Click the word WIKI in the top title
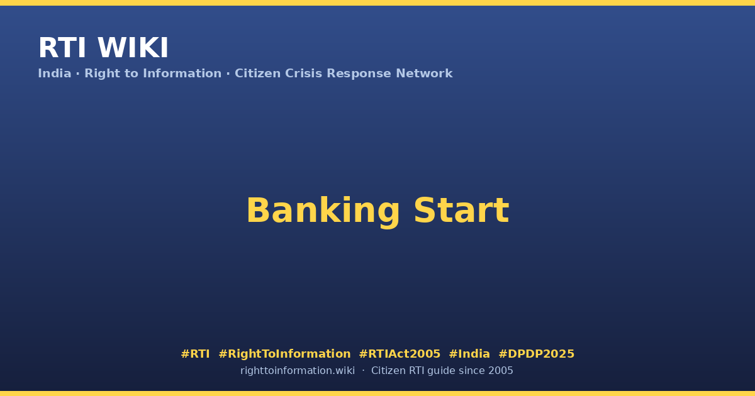[133, 48]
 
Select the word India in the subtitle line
[55, 74]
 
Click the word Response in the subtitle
[359, 74]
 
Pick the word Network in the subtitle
[424, 74]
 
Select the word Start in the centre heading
[461, 211]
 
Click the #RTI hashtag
[195, 354]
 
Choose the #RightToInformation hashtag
[285, 355]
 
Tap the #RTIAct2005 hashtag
[400, 354]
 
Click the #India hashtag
[469, 354]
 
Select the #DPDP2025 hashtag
[536, 354]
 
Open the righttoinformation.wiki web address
[298, 371]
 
